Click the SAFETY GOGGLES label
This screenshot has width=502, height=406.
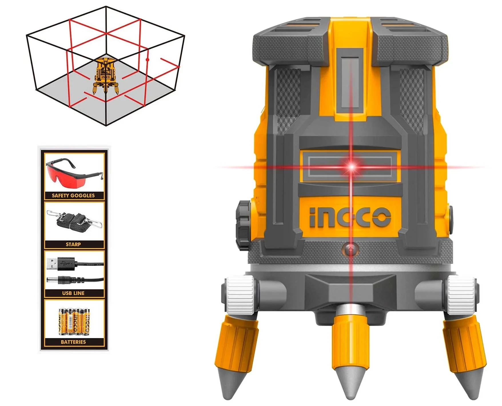tap(73, 196)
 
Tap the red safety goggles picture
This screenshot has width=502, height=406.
tap(73, 173)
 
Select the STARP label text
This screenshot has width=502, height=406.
tap(73, 244)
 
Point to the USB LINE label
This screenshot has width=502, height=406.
tap(73, 293)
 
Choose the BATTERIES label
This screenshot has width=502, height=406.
tap(73, 342)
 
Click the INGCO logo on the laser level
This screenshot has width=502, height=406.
tap(350, 217)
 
